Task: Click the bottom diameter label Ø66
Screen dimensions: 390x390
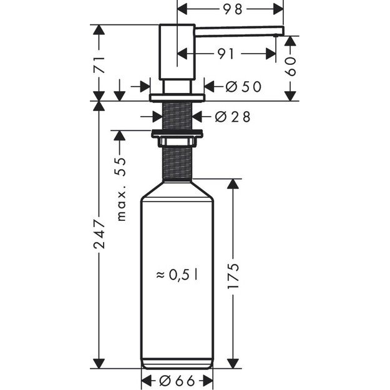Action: point(177,380)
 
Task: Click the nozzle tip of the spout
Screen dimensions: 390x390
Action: point(281,32)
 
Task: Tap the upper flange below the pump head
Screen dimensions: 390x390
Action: point(177,97)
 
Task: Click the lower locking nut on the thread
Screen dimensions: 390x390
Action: point(177,132)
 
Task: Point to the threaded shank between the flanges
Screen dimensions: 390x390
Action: point(177,115)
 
